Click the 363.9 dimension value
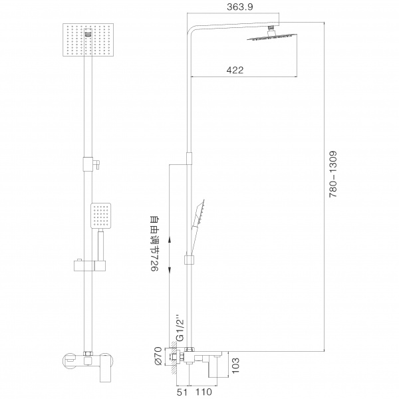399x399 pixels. click(x=239, y=7)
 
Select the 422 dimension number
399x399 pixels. click(x=235, y=70)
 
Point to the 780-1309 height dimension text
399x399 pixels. click(x=333, y=174)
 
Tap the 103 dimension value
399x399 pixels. click(x=235, y=365)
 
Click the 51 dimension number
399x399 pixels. click(x=182, y=392)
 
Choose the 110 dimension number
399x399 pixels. click(x=203, y=392)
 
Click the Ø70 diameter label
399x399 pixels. click(x=157, y=356)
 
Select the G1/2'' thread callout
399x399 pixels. click(x=180, y=329)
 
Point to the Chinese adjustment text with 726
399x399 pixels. click(x=155, y=244)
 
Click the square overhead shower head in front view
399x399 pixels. click(x=88, y=40)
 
